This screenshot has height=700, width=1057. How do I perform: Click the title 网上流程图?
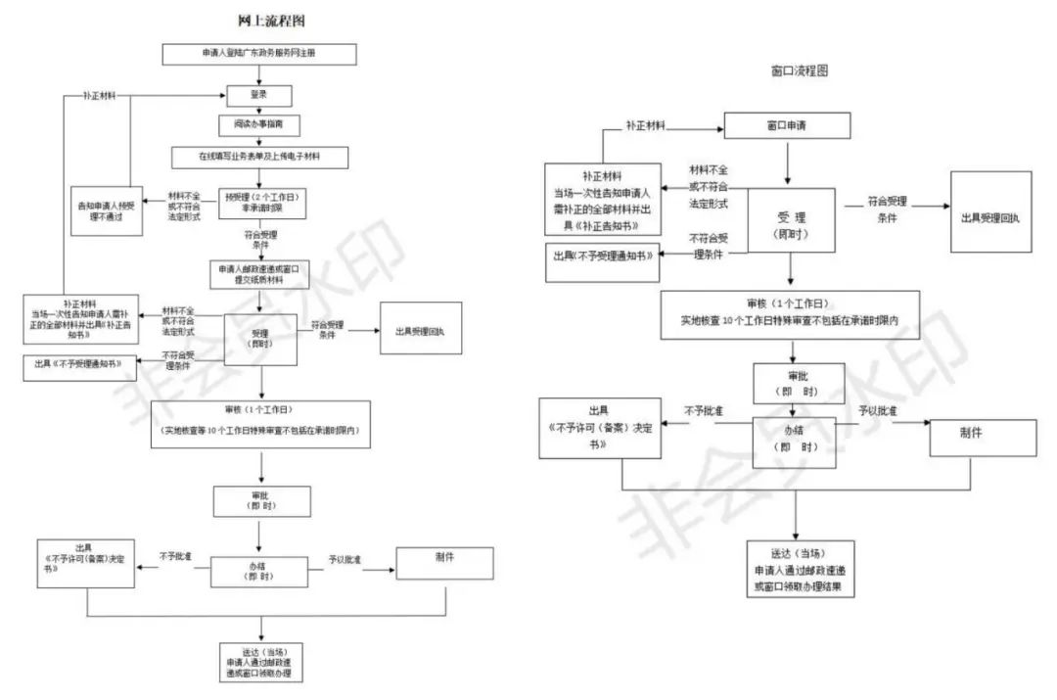pos(264,21)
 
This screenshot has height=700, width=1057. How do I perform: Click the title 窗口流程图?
pos(800,71)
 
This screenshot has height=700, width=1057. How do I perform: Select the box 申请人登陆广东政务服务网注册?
pos(258,54)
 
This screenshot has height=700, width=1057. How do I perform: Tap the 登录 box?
pos(259,95)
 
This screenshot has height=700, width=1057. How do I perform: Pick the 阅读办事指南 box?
pos(259,125)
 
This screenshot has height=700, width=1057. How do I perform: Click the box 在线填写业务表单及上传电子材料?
pos(259,156)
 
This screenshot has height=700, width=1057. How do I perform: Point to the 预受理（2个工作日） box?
pos(260,203)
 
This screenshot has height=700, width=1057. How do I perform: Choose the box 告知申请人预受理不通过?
pos(109,210)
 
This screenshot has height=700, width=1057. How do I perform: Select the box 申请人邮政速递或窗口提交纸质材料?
pos(258,273)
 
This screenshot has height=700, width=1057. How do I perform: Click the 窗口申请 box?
pos(786,127)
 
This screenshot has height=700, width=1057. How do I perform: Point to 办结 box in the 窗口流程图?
pos(794,440)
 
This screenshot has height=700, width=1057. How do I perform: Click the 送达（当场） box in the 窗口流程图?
pos(794,569)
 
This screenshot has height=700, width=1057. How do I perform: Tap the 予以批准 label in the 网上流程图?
pos(345,559)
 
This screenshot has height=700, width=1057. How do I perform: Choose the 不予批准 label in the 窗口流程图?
pos(703,411)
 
